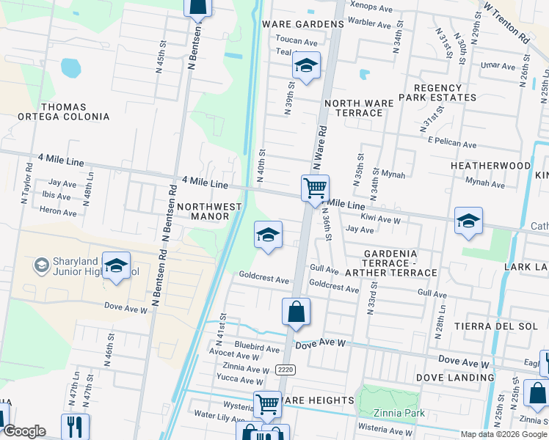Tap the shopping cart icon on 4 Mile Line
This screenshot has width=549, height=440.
315,188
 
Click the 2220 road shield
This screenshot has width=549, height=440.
286,370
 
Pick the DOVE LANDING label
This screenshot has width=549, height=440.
455,378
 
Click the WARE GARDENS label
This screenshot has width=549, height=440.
303,24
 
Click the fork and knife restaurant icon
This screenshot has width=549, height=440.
75,425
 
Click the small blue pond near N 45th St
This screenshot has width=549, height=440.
70,68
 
